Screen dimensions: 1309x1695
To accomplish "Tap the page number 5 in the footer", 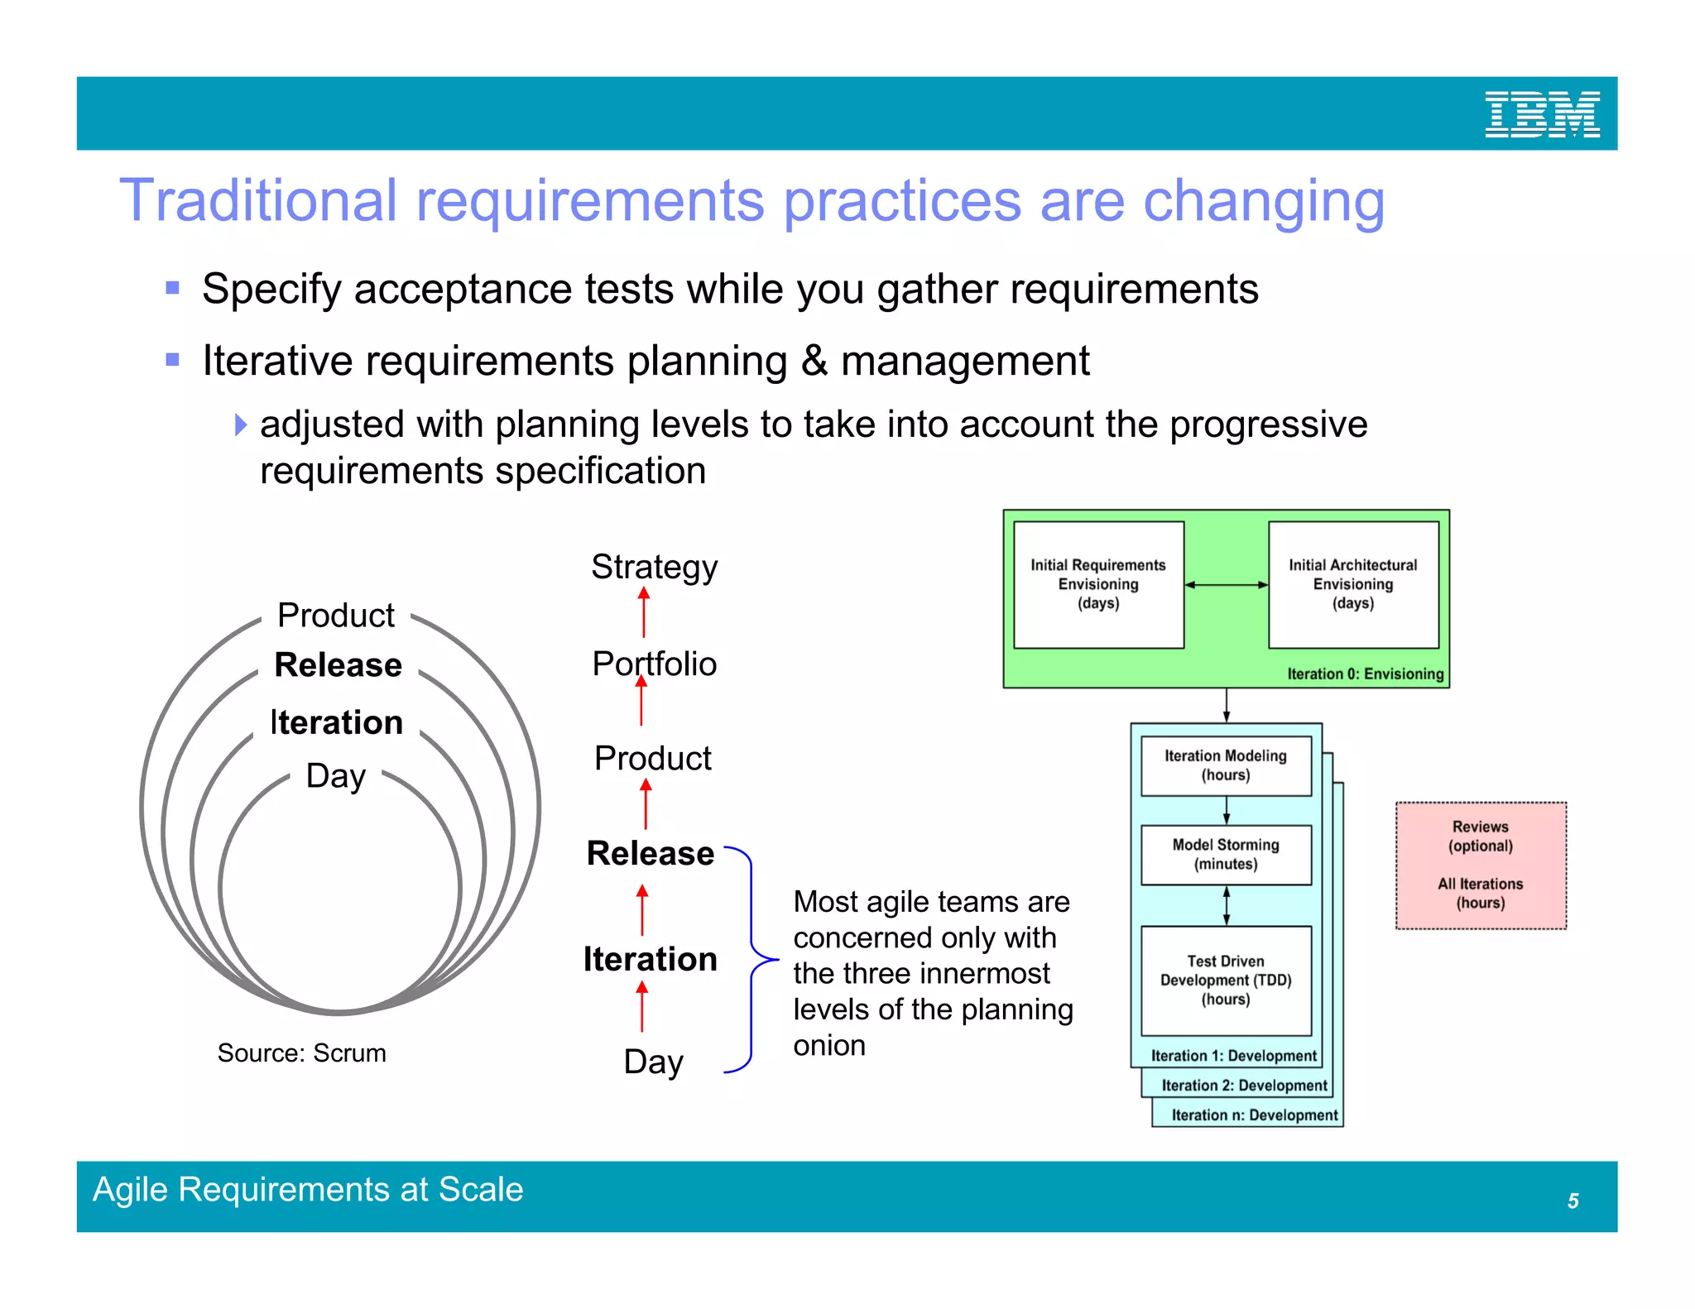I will [x=1573, y=1201].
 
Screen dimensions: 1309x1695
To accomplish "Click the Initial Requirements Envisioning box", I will [x=1097, y=584].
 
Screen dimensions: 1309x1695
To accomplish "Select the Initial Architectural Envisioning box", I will [x=1352, y=584].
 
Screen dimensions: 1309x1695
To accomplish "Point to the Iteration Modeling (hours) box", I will [x=1225, y=765].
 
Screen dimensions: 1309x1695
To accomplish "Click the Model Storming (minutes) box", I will [x=1225, y=854].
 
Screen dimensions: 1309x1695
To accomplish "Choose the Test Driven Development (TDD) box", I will [x=1225, y=980].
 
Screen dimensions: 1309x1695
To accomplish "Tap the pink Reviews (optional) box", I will [x=1480, y=865].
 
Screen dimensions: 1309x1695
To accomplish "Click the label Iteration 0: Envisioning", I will [x=1365, y=674].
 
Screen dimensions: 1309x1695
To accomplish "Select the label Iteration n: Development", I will [x=1254, y=1115].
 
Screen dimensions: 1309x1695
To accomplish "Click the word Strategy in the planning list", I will [x=654, y=567].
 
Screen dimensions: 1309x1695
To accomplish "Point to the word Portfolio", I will [x=654, y=664].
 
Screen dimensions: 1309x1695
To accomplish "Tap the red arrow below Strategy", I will [x=644, y=612].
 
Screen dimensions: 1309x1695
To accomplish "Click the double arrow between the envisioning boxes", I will [x=1226, y=584].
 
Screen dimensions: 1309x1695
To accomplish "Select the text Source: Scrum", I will [x=301, y=1052].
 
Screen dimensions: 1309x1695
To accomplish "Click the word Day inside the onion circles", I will [x=335, y=775].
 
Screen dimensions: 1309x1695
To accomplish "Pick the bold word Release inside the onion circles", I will [x=338, y=664].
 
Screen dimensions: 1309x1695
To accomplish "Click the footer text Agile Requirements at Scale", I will [x=308, y=1189].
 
